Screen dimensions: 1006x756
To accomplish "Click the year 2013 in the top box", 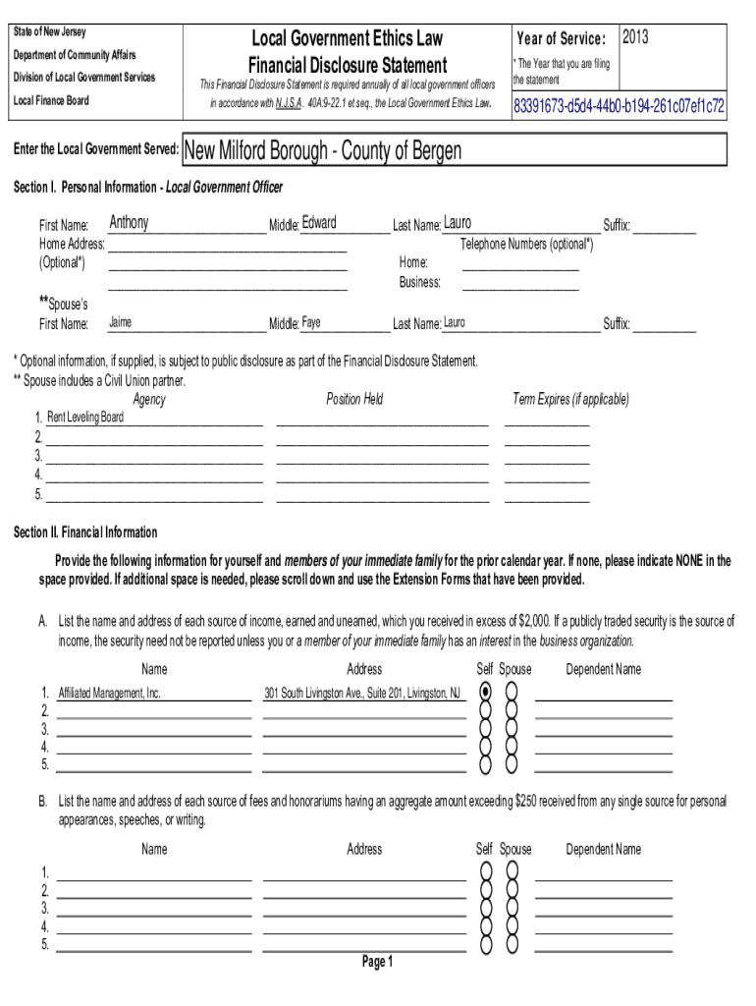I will coord(635,38).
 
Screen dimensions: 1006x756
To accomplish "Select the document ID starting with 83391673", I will coord(620,105).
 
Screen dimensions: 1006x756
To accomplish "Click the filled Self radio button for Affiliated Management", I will coord(485,692).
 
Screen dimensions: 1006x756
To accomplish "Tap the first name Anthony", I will coord(129,223).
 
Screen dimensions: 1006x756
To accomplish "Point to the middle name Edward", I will coord(319,223).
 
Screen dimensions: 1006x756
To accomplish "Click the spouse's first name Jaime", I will coord(120,322).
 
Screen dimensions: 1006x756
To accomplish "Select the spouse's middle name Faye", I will coord(310,322).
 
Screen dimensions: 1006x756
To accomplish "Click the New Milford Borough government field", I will coord(323,151).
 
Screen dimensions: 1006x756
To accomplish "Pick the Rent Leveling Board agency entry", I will coord(85,418).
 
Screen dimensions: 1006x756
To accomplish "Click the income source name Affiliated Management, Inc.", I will coord(109,693).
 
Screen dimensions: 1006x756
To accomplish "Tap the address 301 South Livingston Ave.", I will coord(361,693).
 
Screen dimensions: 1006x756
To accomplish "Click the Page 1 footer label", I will coord(377,962).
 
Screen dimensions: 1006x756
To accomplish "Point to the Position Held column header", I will coord(354,399).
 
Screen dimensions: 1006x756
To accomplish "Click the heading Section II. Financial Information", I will coord(84,532).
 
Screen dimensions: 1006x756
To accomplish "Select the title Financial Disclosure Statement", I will coord(348,66).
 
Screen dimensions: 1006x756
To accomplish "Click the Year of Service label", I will coord(561,38).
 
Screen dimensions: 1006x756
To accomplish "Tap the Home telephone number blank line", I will coord(520,263).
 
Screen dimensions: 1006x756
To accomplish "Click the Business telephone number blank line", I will coord(520,283).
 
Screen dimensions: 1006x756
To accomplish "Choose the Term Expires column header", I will coord(570,399).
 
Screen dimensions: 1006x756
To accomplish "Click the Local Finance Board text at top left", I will coord(50,100).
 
